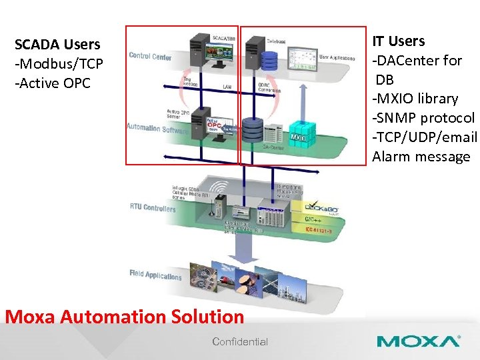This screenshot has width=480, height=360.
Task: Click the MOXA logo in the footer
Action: click(x=418, y=341)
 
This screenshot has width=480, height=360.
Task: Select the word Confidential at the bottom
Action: click(x=240, y=342)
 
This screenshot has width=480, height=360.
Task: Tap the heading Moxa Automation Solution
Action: click(x=125, y=317)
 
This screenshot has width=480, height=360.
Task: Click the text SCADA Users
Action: click(x=57, y=45)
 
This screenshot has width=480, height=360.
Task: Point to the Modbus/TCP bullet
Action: click(x=57, y=64)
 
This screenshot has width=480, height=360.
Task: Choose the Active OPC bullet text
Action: click(x=53, y=83)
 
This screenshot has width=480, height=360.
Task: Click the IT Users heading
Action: click(x=398, y=41)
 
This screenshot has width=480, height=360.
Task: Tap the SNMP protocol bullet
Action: click(x=423, y=118)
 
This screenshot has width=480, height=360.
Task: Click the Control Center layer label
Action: click(x=150, y=57)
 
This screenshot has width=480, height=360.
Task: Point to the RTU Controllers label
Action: click(x=153, y=208)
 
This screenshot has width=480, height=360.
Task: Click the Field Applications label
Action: click(x=155, y=275)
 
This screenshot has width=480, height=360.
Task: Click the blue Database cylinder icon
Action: click(x=269, y=61)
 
